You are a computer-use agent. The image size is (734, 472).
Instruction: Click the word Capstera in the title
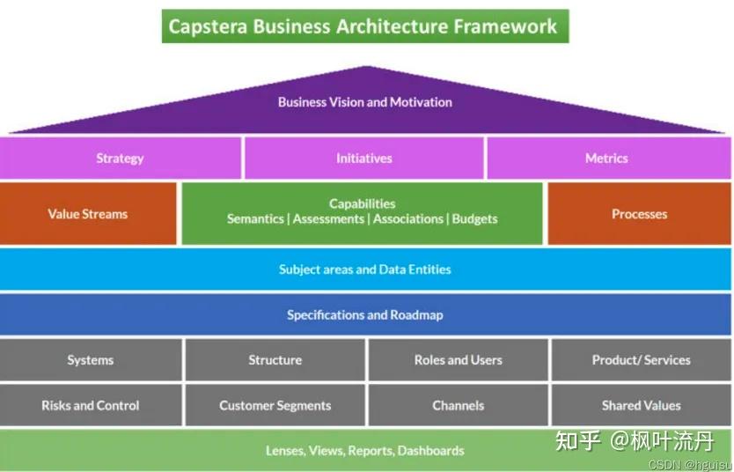click(208, 26)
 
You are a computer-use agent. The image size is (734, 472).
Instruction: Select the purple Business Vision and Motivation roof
click(365, 106)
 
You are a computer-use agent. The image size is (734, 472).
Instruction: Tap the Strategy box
click(121, 159)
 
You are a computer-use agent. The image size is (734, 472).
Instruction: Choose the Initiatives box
click(364, 159)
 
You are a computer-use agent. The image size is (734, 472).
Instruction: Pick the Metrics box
click(608, 159)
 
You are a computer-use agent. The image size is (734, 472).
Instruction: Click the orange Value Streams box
click(88, 213)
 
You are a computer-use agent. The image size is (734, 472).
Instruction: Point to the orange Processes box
click(640, 213)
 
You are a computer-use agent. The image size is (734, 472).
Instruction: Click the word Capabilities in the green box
click(363, 203)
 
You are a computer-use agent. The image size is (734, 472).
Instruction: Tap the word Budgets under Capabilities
click(474, 219)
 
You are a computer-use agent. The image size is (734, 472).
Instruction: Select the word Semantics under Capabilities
click(255, 219)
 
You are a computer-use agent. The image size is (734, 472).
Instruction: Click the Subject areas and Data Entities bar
click(365, 269)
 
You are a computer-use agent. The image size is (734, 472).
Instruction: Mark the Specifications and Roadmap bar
click(365, 314)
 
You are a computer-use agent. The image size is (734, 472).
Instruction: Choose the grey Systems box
click(91, 359)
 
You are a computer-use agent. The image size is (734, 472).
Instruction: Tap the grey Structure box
click(275, 359)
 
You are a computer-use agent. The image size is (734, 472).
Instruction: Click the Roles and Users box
click(459, 359)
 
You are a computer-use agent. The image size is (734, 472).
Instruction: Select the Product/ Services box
click(642, 359)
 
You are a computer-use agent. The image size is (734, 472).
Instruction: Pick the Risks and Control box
click(91, 405)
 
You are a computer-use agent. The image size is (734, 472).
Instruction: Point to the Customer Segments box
click(275, 405)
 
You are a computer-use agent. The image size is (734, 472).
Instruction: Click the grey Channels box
click(459, 405)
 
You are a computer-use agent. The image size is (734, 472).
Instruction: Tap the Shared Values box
click(642, 405)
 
